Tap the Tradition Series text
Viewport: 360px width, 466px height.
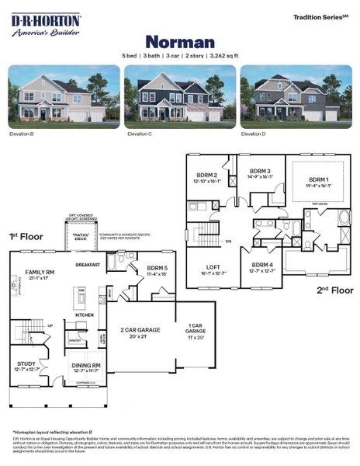(x=322, y=16)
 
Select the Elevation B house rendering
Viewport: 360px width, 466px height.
(x=64, y=96)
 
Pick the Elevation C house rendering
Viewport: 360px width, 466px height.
(x=179, y=96)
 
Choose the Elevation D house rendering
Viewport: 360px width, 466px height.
(x=296, y=96)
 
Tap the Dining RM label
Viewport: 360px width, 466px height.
(x=86, y=365)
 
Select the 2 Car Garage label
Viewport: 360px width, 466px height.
(x=140, y=330)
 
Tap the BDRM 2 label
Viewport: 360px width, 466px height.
(x=207, y=176)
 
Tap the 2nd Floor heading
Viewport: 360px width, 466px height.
(x=334, y=290)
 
